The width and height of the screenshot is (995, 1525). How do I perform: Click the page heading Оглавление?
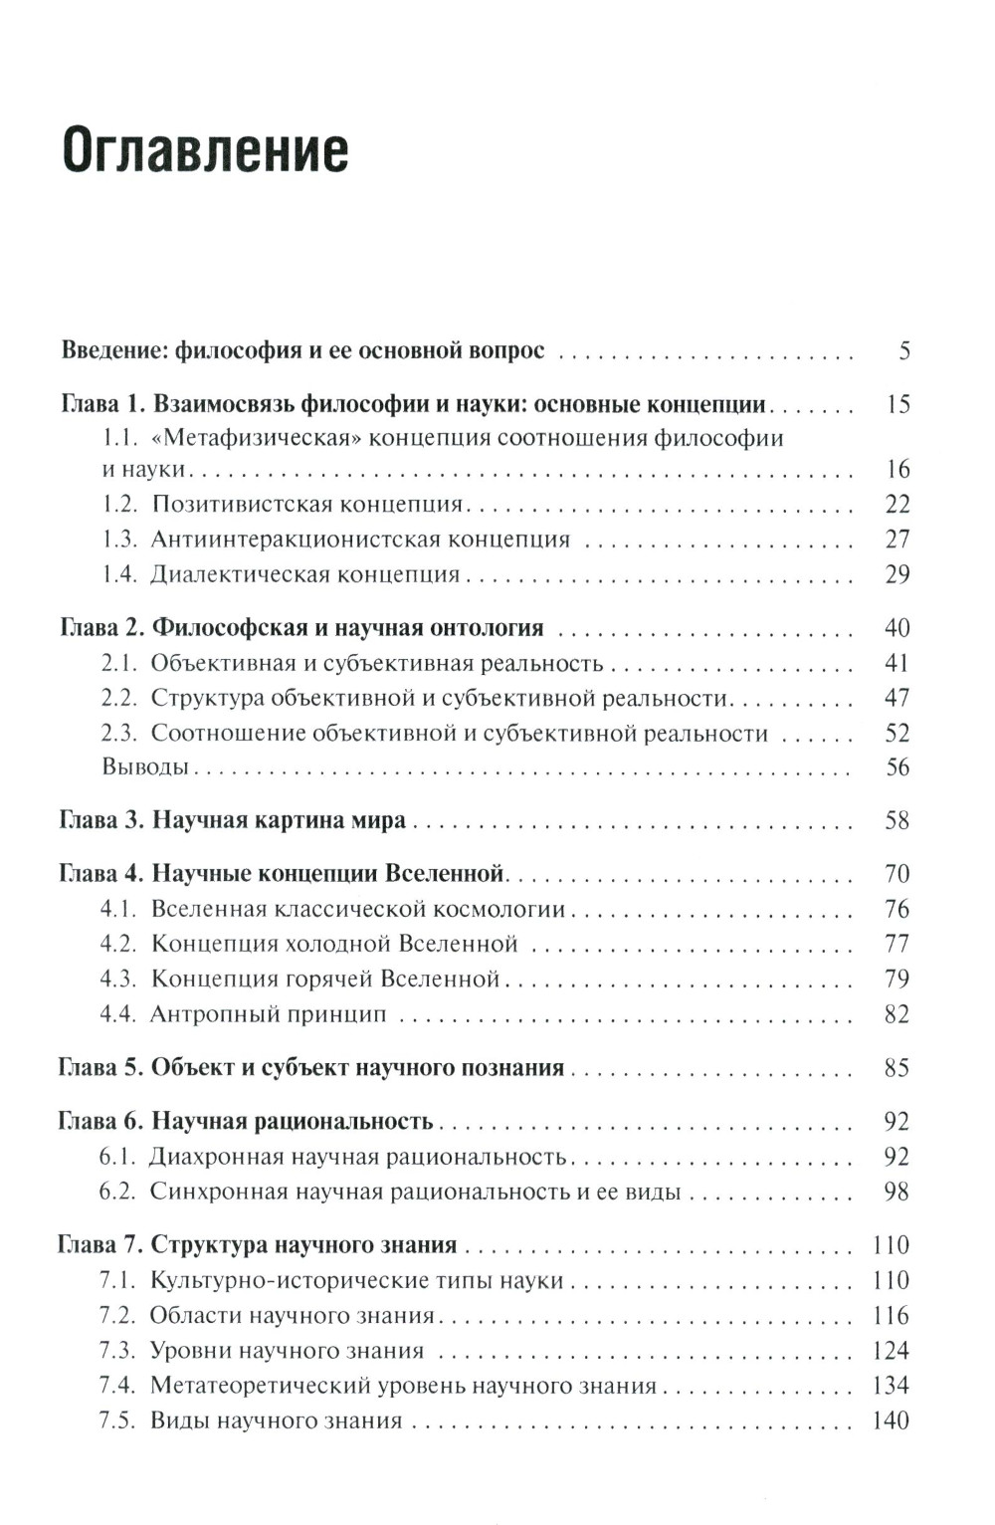pos(205,150)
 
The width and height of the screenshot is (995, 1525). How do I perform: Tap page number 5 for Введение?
pos(903,350)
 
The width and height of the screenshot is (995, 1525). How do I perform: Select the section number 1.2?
pos(118,505)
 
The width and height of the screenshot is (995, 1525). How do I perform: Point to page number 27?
pos(896,540)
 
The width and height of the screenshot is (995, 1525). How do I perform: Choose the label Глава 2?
pos(102,628)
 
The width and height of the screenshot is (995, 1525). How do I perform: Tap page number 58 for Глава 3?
pos(896,821)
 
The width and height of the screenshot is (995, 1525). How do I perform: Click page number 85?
pos(896,1068)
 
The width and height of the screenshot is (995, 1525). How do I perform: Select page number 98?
pos(896,1192)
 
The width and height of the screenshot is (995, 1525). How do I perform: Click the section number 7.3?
pos(117,1351)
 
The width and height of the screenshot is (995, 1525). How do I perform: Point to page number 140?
pos(891,1420)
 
